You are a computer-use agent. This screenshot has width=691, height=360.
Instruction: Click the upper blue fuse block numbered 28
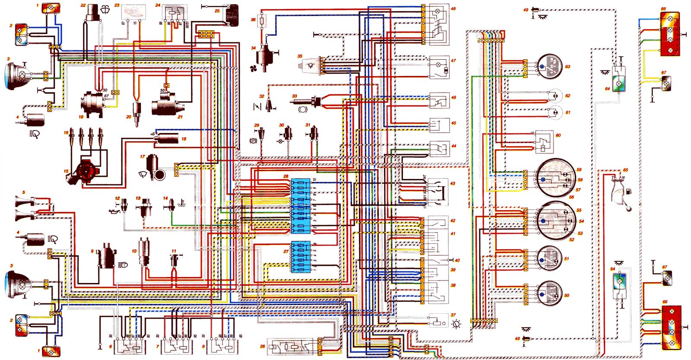(301, 205)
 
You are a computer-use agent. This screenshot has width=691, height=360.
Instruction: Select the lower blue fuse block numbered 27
(301, 256)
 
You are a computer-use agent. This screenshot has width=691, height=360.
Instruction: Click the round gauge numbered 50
(549, 293)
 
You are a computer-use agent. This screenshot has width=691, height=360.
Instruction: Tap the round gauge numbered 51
(549, 258)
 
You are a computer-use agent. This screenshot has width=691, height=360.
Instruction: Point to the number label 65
(625, 170)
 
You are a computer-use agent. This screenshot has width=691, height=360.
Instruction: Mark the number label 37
(453, 315)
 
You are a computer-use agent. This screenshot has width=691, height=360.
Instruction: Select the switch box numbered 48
(438, 25)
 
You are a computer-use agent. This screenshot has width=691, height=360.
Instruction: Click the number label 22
(83, 5)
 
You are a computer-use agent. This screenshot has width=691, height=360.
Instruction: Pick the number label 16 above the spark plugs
(66, 133)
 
